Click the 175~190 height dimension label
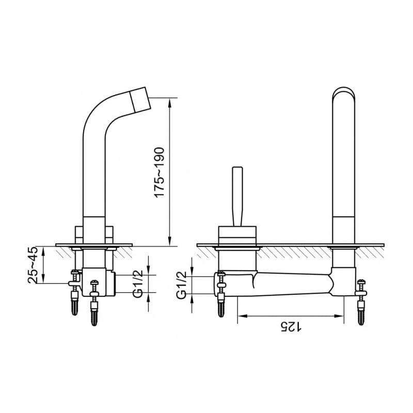click(160, 172)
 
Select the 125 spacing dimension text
click(291, 327)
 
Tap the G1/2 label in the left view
click(137, 283)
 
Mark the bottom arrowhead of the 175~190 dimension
click(169, 242)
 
